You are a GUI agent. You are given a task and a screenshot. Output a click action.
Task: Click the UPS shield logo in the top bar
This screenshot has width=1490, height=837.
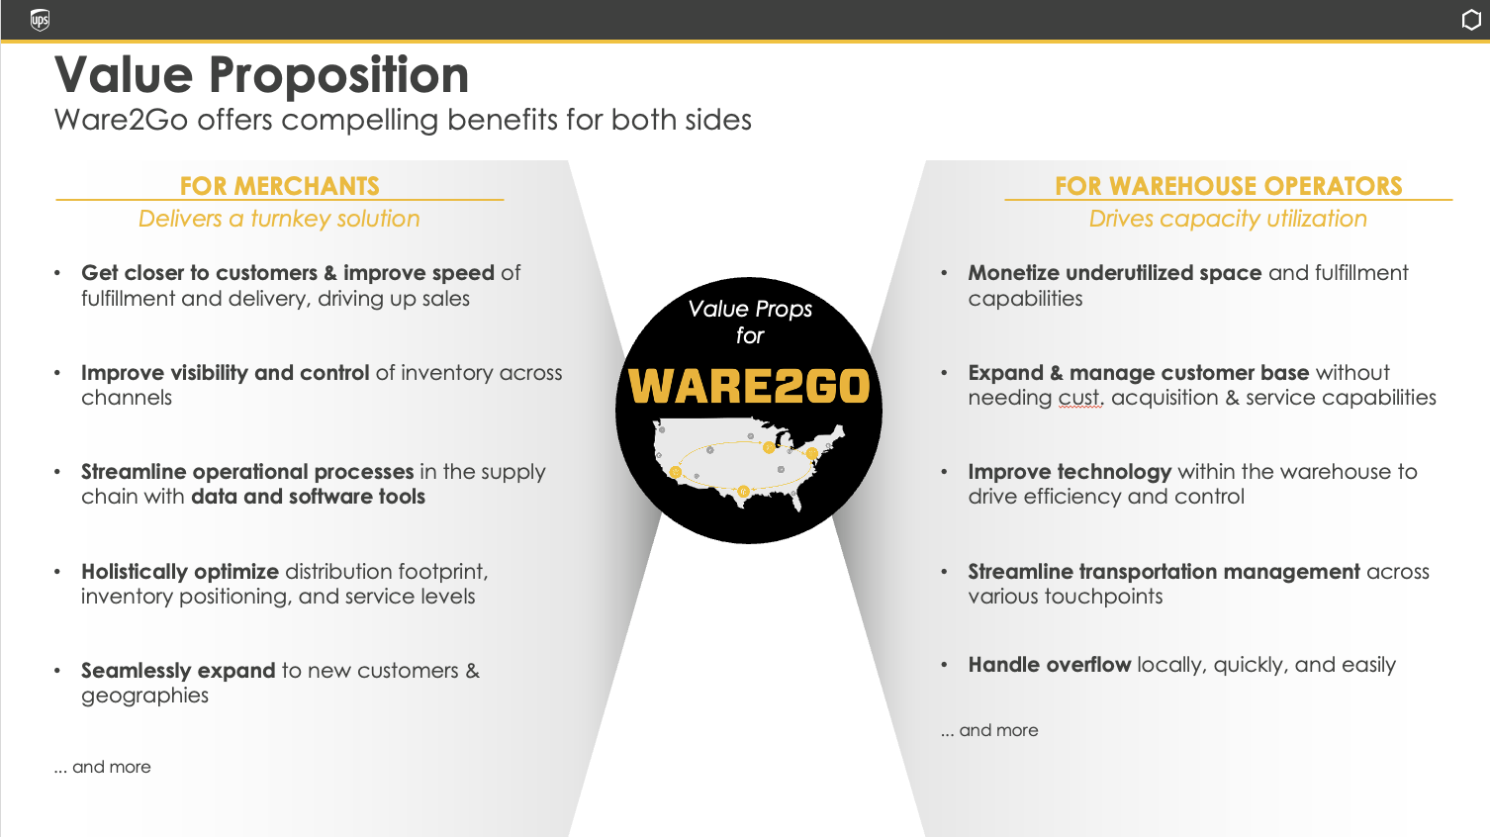[x=40, y=20]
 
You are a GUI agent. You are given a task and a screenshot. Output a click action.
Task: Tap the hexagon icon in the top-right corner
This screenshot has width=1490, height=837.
[x=1471, y=20]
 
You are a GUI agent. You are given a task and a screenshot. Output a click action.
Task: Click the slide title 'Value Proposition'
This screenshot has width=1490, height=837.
[x=261, y=74]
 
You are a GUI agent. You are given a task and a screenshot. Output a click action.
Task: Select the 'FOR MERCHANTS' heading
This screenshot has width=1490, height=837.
[x=279, y=186]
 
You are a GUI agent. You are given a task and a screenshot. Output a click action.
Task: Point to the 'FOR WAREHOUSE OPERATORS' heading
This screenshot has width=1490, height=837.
[x=1229, y=186]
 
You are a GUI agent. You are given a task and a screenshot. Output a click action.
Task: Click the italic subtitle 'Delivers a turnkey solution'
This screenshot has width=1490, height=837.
[x=279, y=219]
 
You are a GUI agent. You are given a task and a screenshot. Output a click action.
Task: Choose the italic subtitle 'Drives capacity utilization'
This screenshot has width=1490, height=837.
[x=1228, y=219]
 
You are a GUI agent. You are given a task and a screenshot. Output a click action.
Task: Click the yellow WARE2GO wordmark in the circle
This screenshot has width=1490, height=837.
[x=749, y=386]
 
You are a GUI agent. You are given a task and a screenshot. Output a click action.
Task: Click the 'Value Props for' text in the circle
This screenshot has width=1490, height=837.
[x=750, y=322]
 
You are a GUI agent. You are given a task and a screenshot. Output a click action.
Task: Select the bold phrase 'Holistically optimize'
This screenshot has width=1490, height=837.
[x=180, y=572]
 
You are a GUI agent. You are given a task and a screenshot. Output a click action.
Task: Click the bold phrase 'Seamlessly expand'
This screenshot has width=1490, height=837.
[x=178, y=671]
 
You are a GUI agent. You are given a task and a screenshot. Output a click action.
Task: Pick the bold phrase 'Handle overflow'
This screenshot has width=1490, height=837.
[x=1050, y=665]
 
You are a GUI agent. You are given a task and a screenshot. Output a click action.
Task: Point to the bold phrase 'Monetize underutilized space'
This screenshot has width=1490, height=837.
[x=1115, y=273]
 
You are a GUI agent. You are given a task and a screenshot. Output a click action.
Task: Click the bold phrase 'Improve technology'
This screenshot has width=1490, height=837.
[x=1070, y=472]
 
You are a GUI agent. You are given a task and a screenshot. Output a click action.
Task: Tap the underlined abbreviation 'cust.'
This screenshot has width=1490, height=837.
[x=1081, y=398]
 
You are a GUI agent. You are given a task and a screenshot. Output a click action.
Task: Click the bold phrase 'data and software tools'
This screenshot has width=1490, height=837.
[x=308, y=497]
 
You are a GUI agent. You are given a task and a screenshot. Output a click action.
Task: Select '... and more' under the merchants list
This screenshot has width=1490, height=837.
[x=103, y=767]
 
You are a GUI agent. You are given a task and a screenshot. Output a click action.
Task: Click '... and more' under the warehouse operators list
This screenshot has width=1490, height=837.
[x=989, y=730]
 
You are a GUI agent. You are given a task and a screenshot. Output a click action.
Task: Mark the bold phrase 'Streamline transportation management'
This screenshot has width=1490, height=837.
[x=1164, y=572]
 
